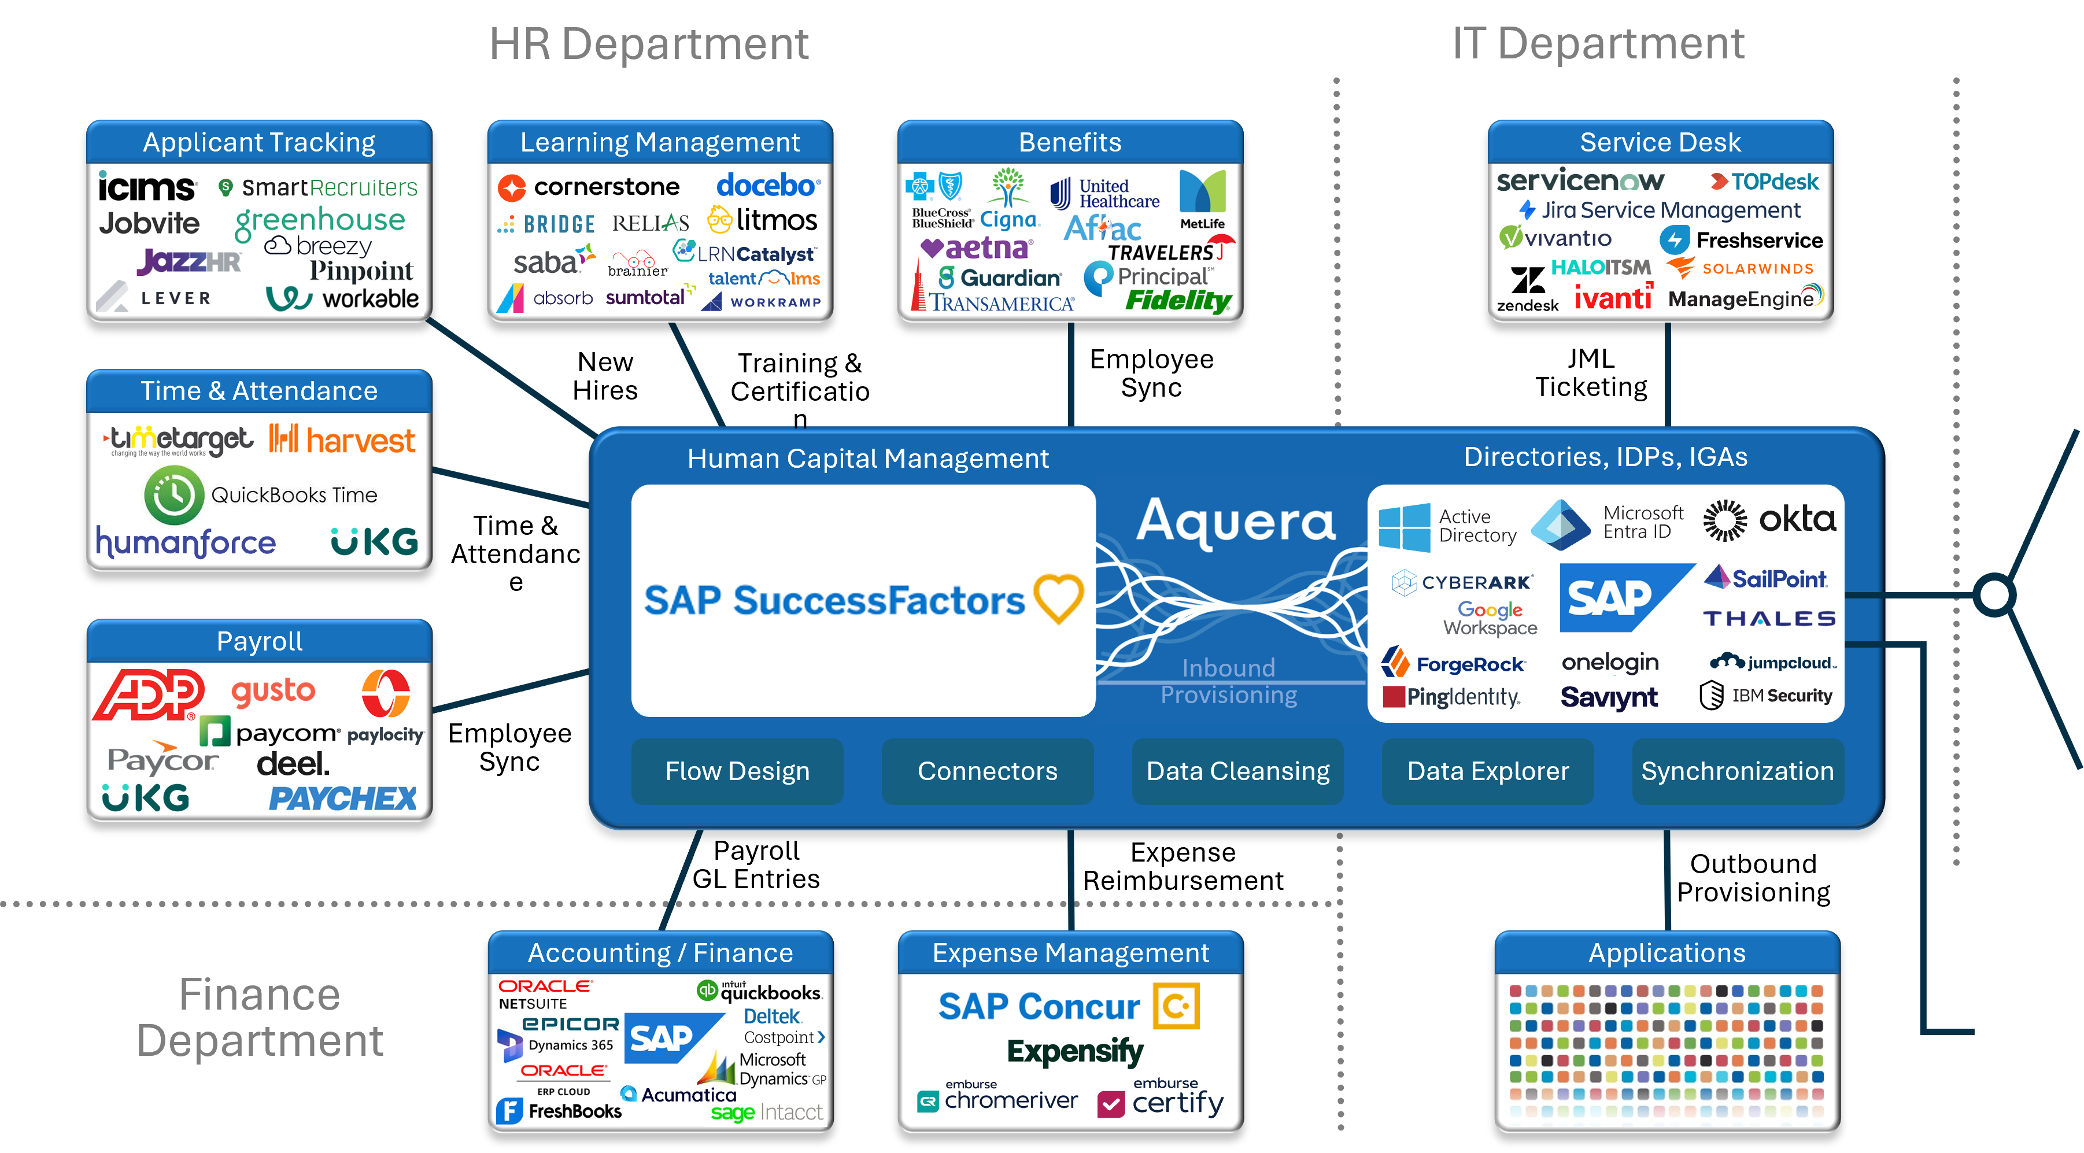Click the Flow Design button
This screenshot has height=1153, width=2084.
tap(737, 771)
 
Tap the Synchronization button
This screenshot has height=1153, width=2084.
tap(1737, 771)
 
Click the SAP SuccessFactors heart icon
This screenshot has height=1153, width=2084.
tap(1058, 598)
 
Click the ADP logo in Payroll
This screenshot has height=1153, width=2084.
tap(148, 694)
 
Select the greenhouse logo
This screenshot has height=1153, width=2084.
tap(320, 220)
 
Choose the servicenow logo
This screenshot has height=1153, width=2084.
tap(1579, 180)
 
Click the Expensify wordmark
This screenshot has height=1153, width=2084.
tap(1074, 1051)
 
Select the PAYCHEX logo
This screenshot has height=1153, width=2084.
tap(342, 799)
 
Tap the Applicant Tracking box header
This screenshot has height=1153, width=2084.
tap(259, 142)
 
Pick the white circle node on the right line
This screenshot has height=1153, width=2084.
tap(1994, 596)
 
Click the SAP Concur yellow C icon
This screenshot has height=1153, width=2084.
tap(1176, 1006)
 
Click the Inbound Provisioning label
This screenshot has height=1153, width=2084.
tap(1228, 681)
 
